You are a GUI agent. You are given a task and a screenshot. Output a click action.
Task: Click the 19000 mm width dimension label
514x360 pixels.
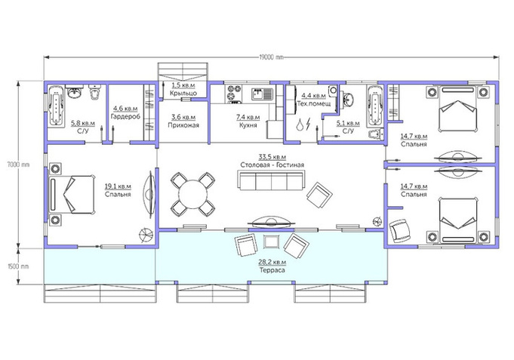(x=271, y=57)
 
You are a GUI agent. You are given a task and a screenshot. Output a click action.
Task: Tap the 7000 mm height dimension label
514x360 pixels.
(x=18, y=165)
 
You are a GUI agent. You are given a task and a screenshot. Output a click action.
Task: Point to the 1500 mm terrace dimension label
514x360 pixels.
(x=18, y=266)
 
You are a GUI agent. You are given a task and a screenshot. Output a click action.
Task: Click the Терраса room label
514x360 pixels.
(x=272, y=270)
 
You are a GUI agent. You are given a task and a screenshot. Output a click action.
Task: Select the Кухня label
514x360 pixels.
(x=248, y=125)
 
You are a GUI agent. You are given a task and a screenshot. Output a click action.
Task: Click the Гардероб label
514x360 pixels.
(x=125, y=116)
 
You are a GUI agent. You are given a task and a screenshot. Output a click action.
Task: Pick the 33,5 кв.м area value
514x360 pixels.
(x=272, y=156)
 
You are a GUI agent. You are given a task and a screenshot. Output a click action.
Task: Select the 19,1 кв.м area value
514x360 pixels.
(x=118, y=186)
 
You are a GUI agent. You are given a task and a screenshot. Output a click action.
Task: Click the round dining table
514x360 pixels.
(x=193, y=195)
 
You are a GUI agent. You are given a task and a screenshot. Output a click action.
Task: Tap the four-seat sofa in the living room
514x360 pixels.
(x=272, y=180)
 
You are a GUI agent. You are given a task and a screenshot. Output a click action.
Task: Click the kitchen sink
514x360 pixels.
(x=262, y=94)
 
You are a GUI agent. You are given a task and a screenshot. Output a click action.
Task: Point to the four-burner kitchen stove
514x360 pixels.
(x=234, y=93)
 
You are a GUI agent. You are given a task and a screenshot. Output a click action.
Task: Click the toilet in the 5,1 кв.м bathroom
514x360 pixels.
(x=375, y=134)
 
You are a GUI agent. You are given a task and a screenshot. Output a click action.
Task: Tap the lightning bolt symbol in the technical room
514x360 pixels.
(x=308, y=124)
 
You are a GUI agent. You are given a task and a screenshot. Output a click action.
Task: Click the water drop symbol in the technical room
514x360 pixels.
(x=300, y=125)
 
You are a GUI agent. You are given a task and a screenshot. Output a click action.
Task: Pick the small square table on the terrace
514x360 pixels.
(x=272, y=242)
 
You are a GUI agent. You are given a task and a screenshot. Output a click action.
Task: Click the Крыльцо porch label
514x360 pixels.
(x=183, y=93)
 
